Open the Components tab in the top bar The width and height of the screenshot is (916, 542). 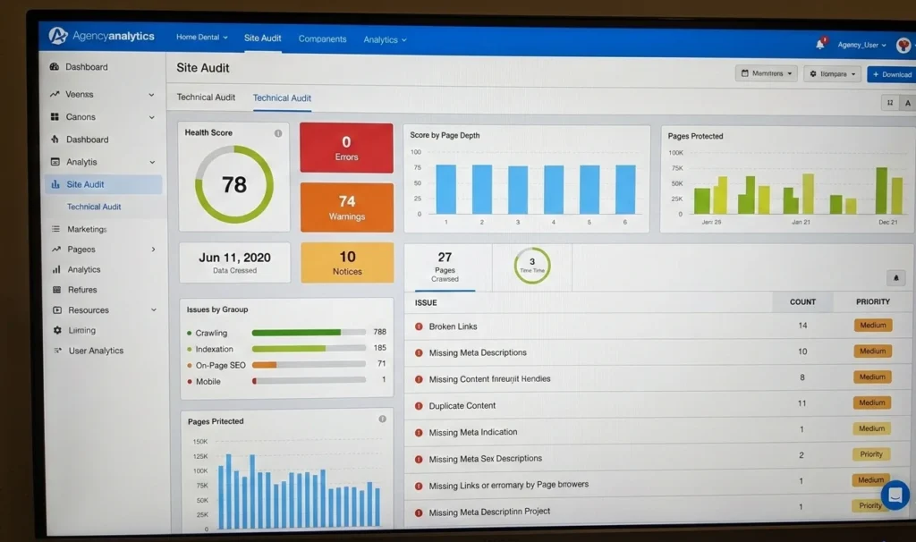[322, 38]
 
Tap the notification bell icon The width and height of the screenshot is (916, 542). [819, 44]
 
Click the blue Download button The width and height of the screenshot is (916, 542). [891, 74]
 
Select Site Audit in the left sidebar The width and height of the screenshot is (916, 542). [85, 184]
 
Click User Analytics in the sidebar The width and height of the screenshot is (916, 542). [96, 351]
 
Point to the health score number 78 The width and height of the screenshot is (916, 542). [234, 184]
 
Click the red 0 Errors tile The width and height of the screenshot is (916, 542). [346, 148]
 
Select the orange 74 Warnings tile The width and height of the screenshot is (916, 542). [346, 207]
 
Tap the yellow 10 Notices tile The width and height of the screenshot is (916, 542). [347, 263]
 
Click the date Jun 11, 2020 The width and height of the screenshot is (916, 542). [234, 258]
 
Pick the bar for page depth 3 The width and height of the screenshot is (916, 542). [518, 190]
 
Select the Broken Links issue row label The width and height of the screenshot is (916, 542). [454, 326]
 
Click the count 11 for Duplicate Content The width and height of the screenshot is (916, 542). [802, 404]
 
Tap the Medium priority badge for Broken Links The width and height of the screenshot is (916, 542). [872, 326]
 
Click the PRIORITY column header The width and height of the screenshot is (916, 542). [872, 302]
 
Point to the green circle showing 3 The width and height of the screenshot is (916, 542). [532, 265]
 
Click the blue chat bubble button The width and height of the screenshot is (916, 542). [895, 495]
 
